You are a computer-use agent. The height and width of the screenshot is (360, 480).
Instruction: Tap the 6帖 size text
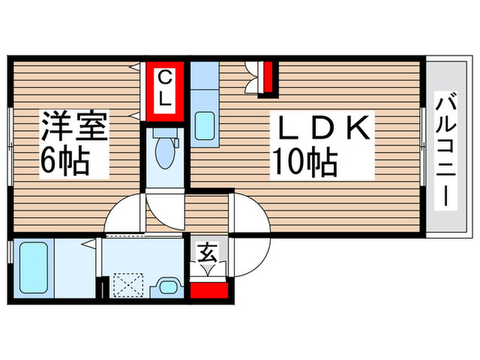pyautogui.click(x=64, y=162)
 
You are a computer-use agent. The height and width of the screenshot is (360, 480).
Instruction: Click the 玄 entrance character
pyautogui.click(x=207, y=254)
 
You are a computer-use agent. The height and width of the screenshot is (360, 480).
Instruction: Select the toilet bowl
pyautogui.click(x=165, y=154)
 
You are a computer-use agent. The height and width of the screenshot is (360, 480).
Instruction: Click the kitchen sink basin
pyautogui.click(x=204, y=125)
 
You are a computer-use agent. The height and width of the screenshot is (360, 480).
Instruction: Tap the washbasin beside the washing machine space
pyautogui.click(x=166, y=287)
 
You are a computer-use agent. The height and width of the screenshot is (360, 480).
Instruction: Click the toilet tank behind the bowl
pyautogui.click(x=175, y=143)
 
